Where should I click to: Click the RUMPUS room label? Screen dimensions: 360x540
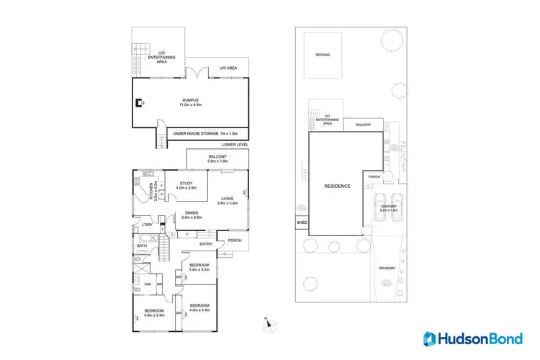(190, 103)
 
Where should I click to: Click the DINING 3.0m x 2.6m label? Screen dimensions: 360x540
(192, 215)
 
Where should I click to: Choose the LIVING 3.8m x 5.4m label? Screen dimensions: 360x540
(228, 201)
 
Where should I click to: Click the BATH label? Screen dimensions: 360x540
(142, 246)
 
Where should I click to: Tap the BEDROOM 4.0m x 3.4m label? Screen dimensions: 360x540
(154, 312)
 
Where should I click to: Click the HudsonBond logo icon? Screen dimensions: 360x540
(431, 338)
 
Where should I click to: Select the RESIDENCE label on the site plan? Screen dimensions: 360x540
(336, 186)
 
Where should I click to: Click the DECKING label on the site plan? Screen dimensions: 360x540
(323, 54)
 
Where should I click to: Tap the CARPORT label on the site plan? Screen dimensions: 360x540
(388, 209)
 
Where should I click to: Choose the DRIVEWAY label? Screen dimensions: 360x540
(387, 268)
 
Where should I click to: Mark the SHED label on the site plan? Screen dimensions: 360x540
(302, 223)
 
